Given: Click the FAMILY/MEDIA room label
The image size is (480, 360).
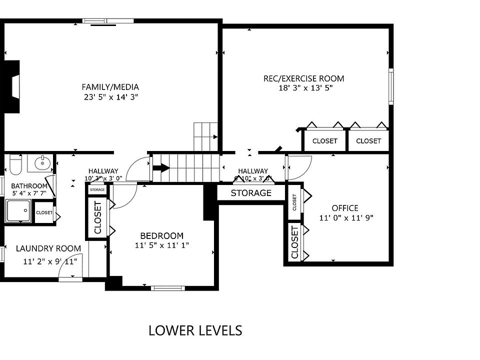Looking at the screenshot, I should [110, 86].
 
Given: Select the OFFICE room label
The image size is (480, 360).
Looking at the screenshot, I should [345, 208].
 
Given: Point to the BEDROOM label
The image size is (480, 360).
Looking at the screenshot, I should [161, 235].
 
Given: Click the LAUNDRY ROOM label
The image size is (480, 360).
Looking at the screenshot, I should [48, 248].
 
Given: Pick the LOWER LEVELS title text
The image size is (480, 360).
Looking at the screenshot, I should [195, 330].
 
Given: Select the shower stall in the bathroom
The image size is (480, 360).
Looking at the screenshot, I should [18, 211].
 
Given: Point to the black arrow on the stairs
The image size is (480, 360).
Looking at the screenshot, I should [161, 168].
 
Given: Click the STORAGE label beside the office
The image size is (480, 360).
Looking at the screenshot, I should [251, 193].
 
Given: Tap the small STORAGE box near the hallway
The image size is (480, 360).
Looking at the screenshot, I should [97, 190].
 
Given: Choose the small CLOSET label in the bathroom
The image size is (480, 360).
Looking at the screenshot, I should [44, 212].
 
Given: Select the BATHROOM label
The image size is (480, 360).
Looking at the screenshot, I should [29, 186].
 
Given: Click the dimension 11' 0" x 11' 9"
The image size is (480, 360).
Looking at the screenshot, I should [346, 218].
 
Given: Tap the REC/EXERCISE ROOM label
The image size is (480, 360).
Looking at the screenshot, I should [304, 78].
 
